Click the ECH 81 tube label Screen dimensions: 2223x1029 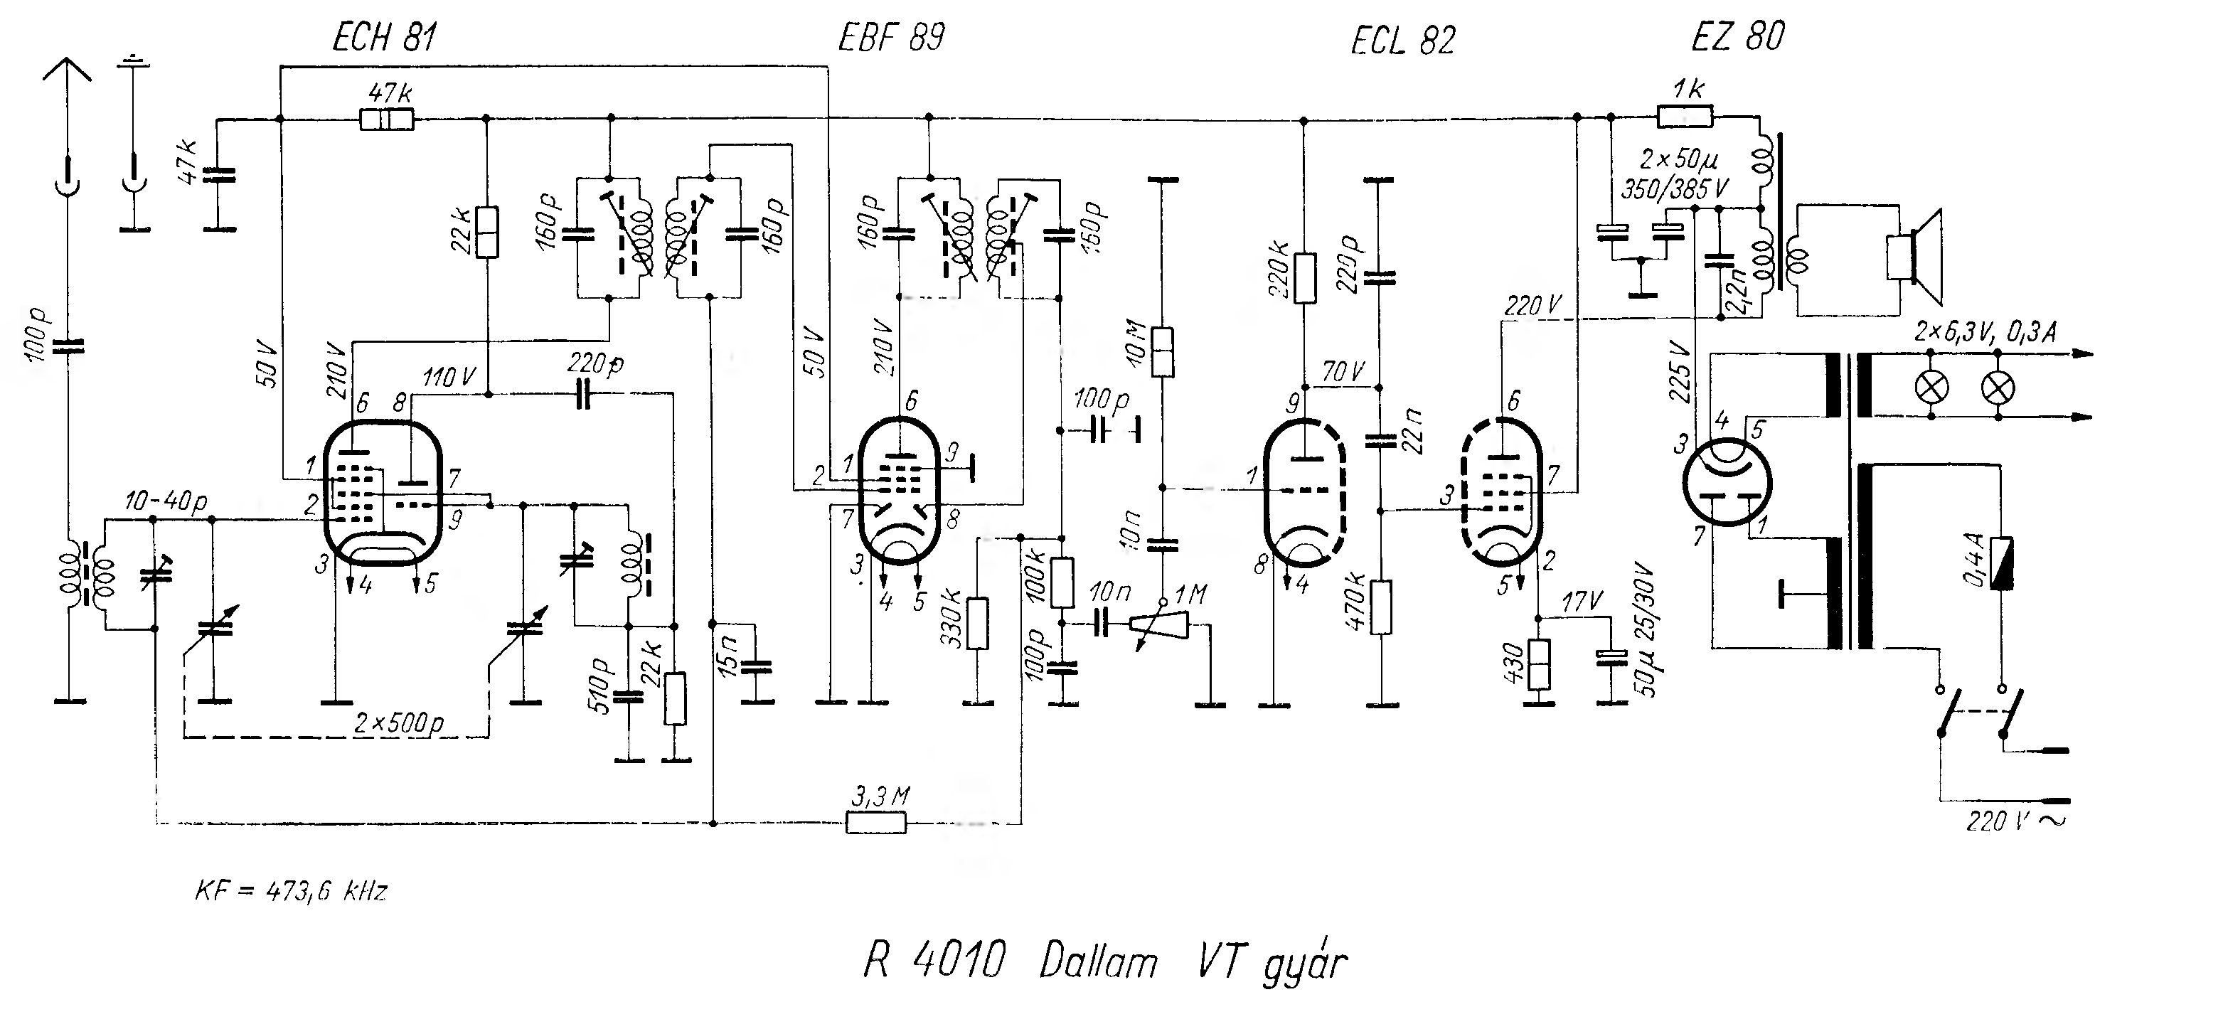(384, 38)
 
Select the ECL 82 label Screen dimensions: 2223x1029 (1403, 40)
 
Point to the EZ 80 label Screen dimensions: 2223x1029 (1738, 36)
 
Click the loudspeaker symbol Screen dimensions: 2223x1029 (1913, 257)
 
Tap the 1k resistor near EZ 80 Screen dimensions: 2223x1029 (1685, 116)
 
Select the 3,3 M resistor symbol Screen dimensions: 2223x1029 (876, 823)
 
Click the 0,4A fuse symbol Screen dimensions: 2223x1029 (2001, 563)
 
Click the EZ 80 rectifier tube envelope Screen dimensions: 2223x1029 (1727, 481)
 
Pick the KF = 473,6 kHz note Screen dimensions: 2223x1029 (291, 890)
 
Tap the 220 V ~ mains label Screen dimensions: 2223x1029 (2017, 820)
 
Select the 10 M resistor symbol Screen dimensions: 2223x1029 (1163, 352)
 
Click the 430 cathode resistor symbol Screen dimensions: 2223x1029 (1539, 665)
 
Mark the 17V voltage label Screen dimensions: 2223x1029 (1582, 600)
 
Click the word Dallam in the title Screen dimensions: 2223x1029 (1098, 961)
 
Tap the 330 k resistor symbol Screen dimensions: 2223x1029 (977, 623)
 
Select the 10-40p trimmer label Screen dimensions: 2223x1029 (166, 501)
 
